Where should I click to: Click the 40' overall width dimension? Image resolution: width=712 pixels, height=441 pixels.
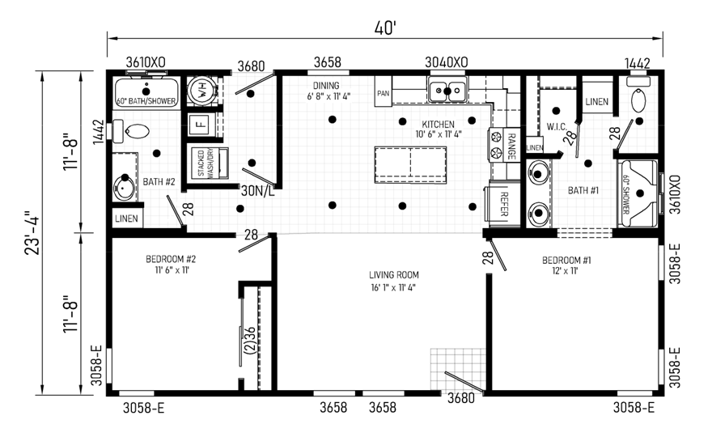(x=385, y=28)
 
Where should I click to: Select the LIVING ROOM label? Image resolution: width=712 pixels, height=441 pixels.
(x=394, y=275)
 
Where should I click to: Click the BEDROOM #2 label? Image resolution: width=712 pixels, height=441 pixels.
(x=171, y=259)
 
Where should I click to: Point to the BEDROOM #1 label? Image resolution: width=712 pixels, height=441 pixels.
(x=566, y=261)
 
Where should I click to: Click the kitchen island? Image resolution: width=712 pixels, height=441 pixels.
(x=410, y=164)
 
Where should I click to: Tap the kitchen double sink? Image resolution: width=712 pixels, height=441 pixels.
(x=447, y=90)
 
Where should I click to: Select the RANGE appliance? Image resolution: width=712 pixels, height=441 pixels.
(x=504, y=145)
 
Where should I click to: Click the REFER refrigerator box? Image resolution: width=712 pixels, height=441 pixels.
(x=503, y=204)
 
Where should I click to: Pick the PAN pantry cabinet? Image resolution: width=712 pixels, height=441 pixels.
(x=384, y=91)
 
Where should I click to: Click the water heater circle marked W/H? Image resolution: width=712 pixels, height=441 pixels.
(x=199, y=90)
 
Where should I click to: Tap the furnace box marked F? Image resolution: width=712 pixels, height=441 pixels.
(x=200, y=124)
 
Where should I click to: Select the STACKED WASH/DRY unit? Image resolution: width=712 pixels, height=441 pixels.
(x=209, y=163)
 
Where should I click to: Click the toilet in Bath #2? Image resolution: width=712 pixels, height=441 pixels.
(x=132, y=131)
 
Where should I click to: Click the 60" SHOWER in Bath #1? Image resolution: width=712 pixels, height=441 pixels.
(x=639, y=193)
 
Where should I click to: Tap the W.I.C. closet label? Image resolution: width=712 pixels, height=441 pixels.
(x=557, y=127)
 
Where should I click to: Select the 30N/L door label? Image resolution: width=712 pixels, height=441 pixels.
(x=257, y=192)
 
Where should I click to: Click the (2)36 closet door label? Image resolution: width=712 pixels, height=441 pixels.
(x=250, y=340)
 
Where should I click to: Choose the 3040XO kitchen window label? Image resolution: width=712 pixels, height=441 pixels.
(x=447, y=62)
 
